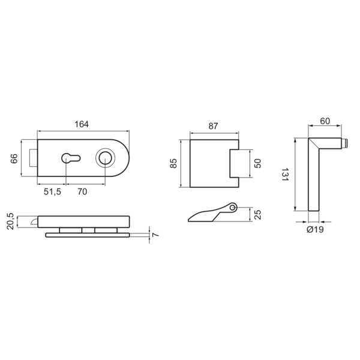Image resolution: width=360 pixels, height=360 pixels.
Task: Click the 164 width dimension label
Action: (x=82, y=124)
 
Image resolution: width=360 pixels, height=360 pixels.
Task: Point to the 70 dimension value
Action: (x=83, y=191)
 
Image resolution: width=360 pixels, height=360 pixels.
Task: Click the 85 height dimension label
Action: (x=174, y=163)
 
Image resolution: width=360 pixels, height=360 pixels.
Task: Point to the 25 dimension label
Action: (x=258, y=214)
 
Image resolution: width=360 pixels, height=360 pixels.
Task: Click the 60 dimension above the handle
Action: (x=325, y=121)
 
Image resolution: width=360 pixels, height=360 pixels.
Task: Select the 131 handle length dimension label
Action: (x=289, y=174)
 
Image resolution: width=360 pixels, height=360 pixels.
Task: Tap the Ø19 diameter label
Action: (x=315, y=230)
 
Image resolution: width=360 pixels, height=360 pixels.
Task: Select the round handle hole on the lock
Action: (x=105, y=158)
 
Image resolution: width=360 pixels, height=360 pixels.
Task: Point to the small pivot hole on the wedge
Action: (x=233, y=208)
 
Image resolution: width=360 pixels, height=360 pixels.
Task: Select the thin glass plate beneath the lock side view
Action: (x=88, y=235)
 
